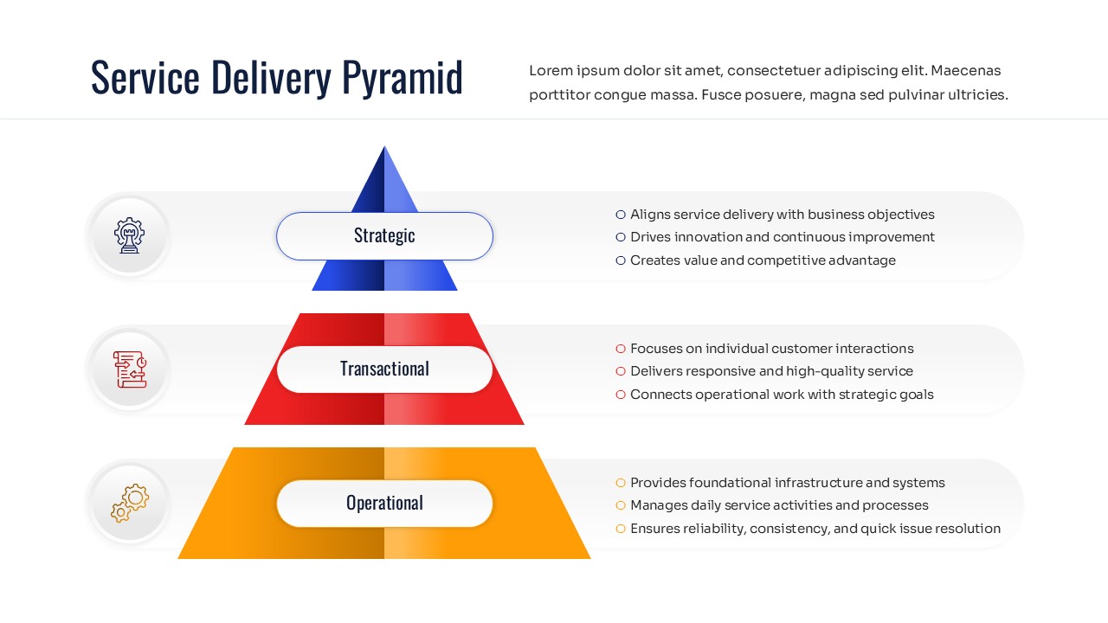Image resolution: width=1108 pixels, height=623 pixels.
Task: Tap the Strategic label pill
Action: pyautogui.click(x=384, y=235)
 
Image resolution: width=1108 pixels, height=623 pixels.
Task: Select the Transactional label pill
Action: pyautogui.click(x=384, y=369)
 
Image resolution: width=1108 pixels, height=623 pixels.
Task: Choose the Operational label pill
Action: pyautogui.click(x=384, y=504)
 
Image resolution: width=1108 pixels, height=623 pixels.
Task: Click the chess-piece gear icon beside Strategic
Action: pyautogui.click(x=129, y=235)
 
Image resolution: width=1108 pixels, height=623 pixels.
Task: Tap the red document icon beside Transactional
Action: pyautogui.click(x=130, y=369)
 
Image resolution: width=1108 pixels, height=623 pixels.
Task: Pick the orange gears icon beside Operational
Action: pyautogui.click(x=130, y=504)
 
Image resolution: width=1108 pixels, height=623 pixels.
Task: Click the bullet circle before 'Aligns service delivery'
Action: pyautogui.click(x=621, y=215)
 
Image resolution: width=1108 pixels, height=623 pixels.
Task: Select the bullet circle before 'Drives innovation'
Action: pyautogui.click(x=621, y=237)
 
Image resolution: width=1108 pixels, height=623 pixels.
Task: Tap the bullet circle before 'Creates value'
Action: pyautogui.click(x=621, y=260)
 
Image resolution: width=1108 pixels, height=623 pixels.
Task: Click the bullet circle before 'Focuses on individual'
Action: pyautogui.click(x=621, y=349)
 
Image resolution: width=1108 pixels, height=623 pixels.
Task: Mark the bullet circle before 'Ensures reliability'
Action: pyautogui.click(x=621, y=529)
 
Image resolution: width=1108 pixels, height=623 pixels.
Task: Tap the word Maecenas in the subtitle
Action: pyautogui.click(x=966, y=71)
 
